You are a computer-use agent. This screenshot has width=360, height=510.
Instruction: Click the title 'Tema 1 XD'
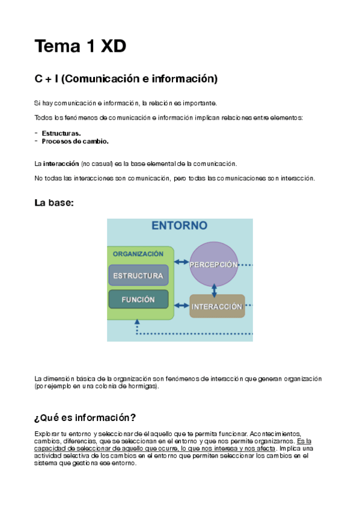pos(81,46)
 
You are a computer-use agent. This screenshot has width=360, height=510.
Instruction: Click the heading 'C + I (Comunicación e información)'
pos(126,79)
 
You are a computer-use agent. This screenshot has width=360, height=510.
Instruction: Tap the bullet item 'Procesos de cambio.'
pos(75,141)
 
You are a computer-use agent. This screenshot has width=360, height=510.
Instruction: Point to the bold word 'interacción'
pos(61,164)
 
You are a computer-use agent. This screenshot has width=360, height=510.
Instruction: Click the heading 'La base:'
pos(54,203)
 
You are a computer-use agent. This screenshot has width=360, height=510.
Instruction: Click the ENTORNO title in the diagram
pos(179,226)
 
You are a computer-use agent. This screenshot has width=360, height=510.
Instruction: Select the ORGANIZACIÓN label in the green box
pos(138,254)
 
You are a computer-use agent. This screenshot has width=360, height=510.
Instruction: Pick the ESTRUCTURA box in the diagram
pos(138,275)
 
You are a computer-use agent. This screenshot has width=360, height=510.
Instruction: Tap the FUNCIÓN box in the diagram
pos(138,299)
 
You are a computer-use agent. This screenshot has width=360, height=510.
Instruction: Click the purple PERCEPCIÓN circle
pos(214,265)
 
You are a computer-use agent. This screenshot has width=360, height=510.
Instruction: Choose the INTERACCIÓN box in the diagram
pos(216,306)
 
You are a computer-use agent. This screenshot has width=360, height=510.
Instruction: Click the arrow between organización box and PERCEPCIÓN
pos(181,262)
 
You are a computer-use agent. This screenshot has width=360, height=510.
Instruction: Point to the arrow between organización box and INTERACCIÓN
pos(181,306)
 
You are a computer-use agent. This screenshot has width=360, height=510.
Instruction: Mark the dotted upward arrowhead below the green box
pos(138,322)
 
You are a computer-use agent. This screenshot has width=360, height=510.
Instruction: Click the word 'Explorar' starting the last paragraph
pos(47,434)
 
